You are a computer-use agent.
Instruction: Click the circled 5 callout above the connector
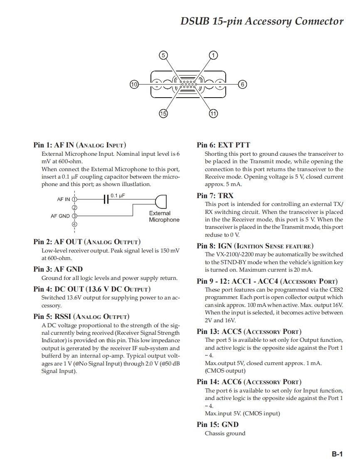163,55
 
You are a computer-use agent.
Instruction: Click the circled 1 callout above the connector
213,55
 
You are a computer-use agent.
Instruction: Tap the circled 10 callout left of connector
134,84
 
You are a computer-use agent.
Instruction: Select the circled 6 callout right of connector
243,84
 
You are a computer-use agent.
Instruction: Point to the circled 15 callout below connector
163,113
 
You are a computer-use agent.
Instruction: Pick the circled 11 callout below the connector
213,113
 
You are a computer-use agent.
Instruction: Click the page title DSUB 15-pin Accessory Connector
262,21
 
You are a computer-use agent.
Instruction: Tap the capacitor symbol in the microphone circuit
106,199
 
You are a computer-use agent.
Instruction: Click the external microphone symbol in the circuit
161,202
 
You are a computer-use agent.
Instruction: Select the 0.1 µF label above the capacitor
118,195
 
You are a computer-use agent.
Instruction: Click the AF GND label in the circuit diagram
60,216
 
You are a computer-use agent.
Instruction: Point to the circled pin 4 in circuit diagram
75,224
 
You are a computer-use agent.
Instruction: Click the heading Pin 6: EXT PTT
223,145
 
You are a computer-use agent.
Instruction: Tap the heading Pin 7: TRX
215,196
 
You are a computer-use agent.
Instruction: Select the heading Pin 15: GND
217,424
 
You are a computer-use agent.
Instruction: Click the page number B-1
337,454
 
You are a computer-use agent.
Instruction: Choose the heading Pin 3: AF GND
58,269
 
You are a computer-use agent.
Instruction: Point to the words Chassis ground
225,434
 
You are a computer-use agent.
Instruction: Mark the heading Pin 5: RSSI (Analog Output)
81,316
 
